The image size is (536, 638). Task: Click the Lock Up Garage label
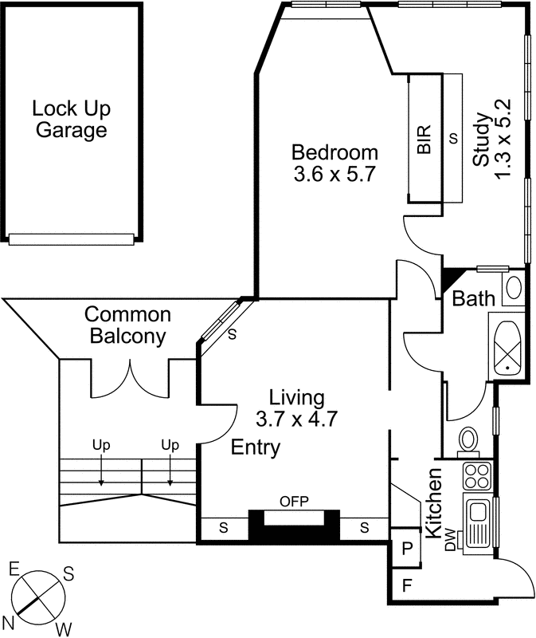tap(71, 119)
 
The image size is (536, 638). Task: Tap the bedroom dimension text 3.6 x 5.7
tap(334, 173)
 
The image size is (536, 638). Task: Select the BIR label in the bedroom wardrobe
tap(424, 140)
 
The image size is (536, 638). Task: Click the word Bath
tap(473, 299)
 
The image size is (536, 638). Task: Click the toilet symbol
tap(468, 439)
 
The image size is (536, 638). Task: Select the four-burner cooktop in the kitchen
tap(477, 476)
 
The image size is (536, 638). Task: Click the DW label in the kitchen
tap(450, 544)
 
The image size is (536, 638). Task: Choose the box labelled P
tap(407, 549)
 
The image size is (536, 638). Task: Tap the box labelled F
tap(407, 586)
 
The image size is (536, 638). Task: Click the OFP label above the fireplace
tap(294, 501)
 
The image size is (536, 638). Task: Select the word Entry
tap(255, 448)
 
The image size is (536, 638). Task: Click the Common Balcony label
tap(128, 325)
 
